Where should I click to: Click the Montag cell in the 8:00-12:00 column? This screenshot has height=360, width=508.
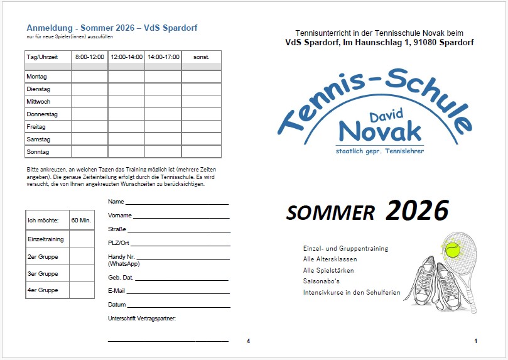(x=89, y=77)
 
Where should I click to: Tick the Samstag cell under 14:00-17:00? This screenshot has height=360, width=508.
(x=163, y=139)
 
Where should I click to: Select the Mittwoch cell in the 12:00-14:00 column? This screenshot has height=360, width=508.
(x=126, y=101)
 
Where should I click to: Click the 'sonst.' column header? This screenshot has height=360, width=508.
(x=201, y=57)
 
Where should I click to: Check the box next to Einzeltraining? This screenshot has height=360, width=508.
(x=82, y=239)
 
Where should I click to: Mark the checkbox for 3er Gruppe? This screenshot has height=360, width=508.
(x=82, y=273)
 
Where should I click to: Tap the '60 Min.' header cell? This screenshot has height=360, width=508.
(x=82, y=221)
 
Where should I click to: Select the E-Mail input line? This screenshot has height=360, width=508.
(x=178, y=293)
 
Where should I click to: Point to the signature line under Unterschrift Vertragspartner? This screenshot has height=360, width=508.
(x=168, y=341)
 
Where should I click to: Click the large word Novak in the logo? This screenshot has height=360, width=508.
(x=379, y=131)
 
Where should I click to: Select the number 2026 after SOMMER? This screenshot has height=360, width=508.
(x=417, y=211)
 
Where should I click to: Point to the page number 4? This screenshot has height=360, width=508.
(x=248, y=341)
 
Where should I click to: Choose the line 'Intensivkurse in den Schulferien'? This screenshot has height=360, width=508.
(x=352, y=293)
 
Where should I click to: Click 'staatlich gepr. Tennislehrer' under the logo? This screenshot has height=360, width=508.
(x=379, y=150)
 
